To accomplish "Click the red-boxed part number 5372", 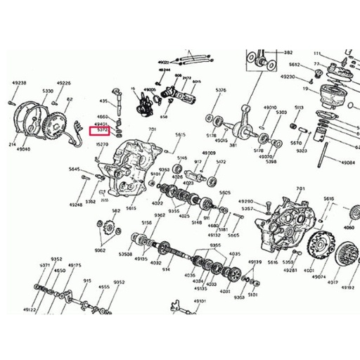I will (x=102, y=130).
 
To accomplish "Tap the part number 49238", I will (x=19, y=83).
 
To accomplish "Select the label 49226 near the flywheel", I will (x=63, y=83).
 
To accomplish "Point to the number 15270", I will (x=102, y=144).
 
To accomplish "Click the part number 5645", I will (x=75, y=169).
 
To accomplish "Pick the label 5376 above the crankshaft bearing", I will (x=221, y=90).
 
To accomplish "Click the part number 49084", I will (x=347, y=162).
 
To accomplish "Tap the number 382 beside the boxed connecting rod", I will (x=288, y=53).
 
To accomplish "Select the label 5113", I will (x=299, y=108).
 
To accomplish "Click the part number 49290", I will (x=245, y=201).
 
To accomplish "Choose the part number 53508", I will (x=125, y=253).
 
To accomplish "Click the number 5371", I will (x=44, y=265).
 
